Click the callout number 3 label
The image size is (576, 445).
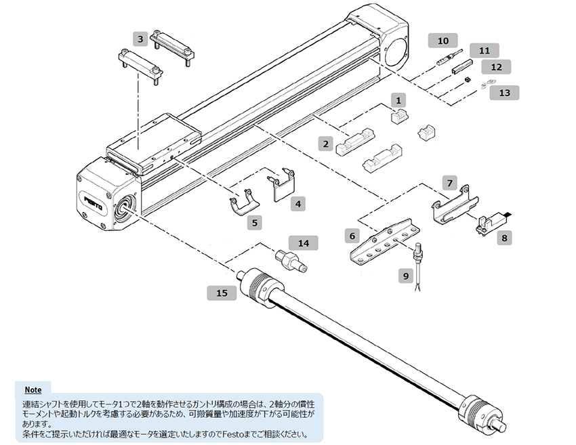tap(140, 39)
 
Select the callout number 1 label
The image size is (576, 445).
tap(399, 100)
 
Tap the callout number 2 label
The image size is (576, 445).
tap(326, 144)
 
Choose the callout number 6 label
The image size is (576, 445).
tap(352, 236)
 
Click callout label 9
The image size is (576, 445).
tap(406, 276)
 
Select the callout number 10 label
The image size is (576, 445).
tap(443, 41)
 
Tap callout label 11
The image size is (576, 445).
tap(484, 51)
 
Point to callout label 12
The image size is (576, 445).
tap(496, 67)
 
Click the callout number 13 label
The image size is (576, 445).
tap(504, 92)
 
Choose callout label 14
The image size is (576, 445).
tap(303, 242)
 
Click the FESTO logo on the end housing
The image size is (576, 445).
tap(93, 201)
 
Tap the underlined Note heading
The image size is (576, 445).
tap(33, 390)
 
